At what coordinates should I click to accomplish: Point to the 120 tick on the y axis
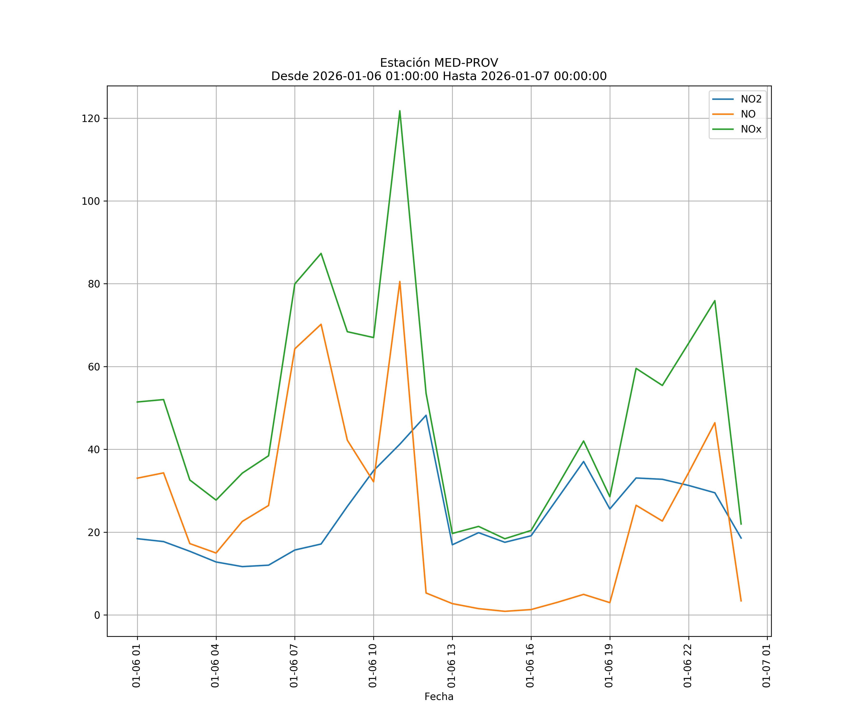coord(91,118)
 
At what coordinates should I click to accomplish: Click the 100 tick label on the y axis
coord(91,201)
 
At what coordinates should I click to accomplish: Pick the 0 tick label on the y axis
coord(97,615)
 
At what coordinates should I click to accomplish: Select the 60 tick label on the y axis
coord(94,367)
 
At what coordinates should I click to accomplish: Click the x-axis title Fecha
coord(439,697)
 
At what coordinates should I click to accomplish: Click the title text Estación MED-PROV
coord(439,63)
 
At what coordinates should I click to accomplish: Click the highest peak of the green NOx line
coord(399,111)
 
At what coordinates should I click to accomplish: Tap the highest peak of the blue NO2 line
coord(426,415)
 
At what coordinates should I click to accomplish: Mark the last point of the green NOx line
coord(741,524)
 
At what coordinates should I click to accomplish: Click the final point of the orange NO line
coord(741,601)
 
